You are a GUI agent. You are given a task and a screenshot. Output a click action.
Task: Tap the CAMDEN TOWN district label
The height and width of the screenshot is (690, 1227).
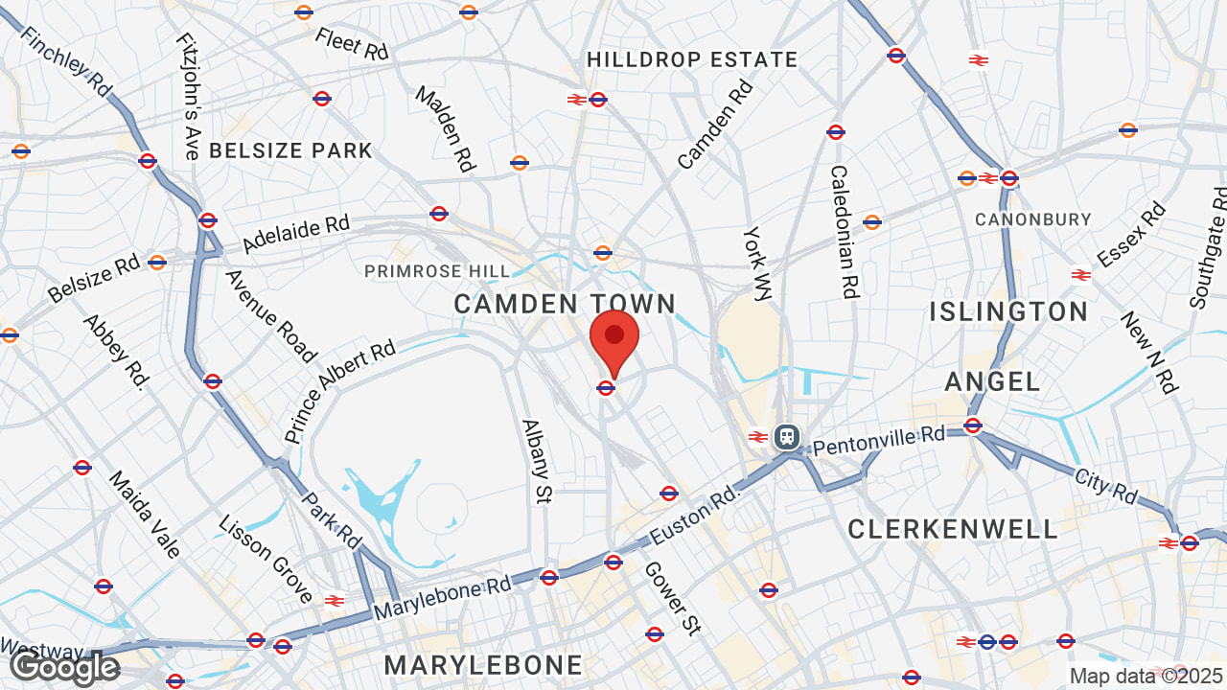tap(565, 305)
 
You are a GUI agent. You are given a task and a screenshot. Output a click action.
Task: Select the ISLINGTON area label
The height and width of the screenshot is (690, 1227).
tap(1008, 311)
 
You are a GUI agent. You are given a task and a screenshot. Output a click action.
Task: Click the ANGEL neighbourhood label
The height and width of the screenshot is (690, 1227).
tap(992, 381)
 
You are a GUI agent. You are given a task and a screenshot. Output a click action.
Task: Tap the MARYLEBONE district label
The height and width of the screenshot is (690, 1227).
tap(483, 665)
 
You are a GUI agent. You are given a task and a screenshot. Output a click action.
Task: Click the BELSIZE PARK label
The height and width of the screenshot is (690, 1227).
tap(290, 150)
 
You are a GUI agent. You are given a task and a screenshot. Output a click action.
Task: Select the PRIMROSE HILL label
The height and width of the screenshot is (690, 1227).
tap(437, 272)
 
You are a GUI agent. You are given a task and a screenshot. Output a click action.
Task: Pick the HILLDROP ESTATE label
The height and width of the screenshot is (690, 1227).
tap(692, 59)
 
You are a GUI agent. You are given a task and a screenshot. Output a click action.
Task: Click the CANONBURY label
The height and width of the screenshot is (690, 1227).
tap(1033, 219)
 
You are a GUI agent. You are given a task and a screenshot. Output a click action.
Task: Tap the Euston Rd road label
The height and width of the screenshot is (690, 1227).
tap(696, 513)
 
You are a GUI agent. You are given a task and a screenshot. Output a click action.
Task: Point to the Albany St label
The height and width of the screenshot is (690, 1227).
tap(538, 461)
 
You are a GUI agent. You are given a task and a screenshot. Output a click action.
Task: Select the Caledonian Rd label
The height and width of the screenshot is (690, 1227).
tap(844, 232)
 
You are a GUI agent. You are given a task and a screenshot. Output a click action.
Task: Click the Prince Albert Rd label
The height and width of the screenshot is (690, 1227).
tap(339, 391)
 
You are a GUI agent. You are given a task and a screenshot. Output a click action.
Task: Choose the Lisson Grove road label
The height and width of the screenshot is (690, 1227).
tap(266, 560)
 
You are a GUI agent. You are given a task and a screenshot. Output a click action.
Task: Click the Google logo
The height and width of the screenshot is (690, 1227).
tap(65, 667)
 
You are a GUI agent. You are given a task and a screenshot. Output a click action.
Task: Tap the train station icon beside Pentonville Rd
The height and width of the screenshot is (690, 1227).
tap(787, 437)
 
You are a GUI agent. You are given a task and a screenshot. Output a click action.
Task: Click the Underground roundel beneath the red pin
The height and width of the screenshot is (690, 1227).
tap(605, 388)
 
